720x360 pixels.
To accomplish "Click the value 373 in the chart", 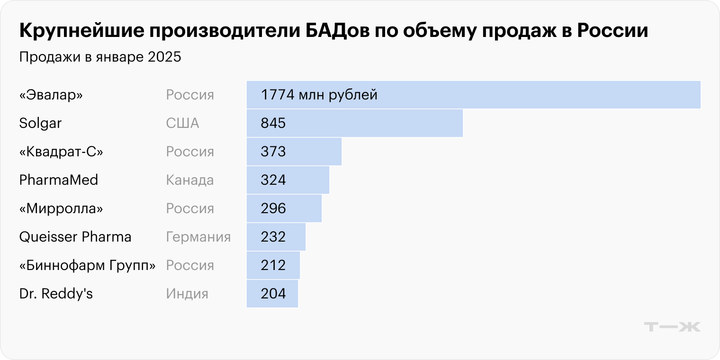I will click(273, 152).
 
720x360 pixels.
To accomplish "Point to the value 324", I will click(273, 180).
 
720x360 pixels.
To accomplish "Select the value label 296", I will click(273, 208).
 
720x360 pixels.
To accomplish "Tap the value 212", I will click(273, 265).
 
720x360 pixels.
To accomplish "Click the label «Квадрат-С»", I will click(61, 152).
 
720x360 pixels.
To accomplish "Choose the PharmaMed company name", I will click(59, 180).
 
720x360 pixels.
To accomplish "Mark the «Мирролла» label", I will click(61, 208).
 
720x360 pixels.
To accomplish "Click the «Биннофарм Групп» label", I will click(88, 265).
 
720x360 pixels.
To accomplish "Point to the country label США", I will click(182, 123).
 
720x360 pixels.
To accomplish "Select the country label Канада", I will click(189, 180).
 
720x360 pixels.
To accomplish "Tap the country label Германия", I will click(198, 237).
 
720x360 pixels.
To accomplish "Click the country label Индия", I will click(187, 294).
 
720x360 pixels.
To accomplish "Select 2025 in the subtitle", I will click(165, 57).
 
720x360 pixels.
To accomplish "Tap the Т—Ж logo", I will click(672, 327).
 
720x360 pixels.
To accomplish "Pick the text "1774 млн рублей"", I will click(319, 95).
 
